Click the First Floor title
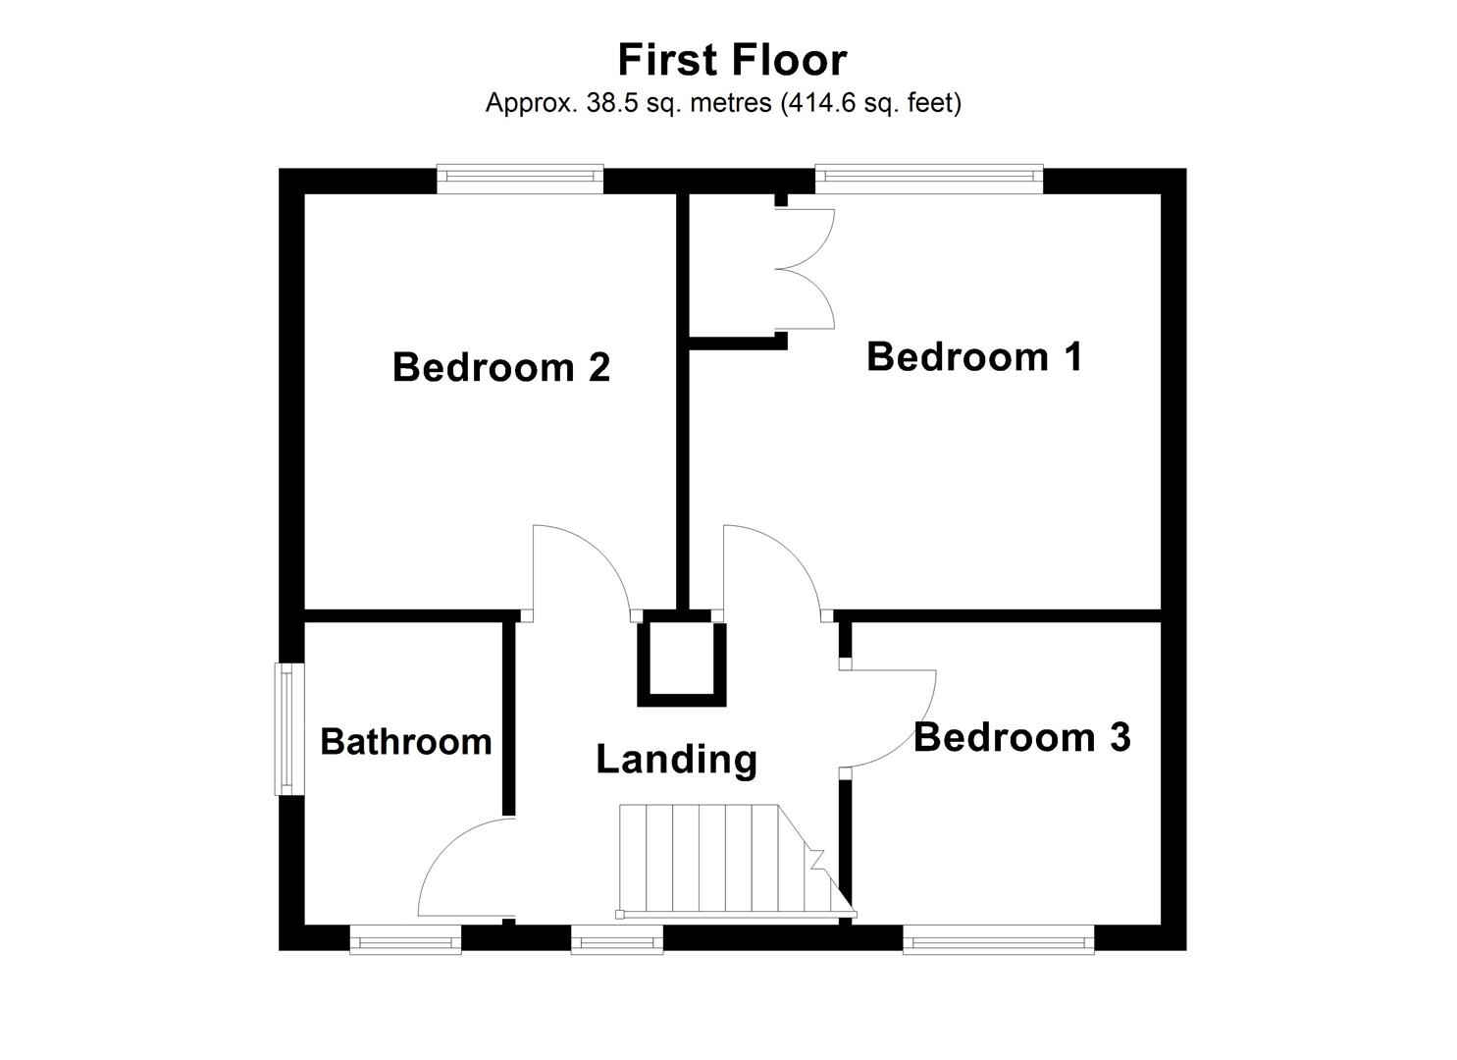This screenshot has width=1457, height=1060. click(732, 60)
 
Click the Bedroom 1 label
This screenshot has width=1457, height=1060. click(974, 356)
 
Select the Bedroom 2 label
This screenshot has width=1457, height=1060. click(500, 367)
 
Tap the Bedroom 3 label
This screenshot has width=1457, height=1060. click(1021, 737)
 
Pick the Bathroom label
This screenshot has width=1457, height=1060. click(405, 742)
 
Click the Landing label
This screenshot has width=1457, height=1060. click(677, 759)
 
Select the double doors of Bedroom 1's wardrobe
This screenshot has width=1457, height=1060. click(807, 268)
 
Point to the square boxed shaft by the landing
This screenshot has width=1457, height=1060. click(682, 658)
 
